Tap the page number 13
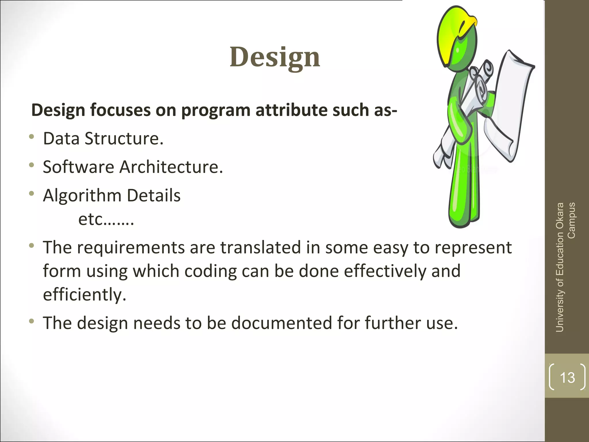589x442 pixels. (x=567, y=378)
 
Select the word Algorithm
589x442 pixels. (x=82, y=196)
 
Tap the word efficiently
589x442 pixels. (x=85, y=295)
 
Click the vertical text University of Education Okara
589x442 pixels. (x=560, y=268)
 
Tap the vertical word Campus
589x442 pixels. (x=571, y=220)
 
